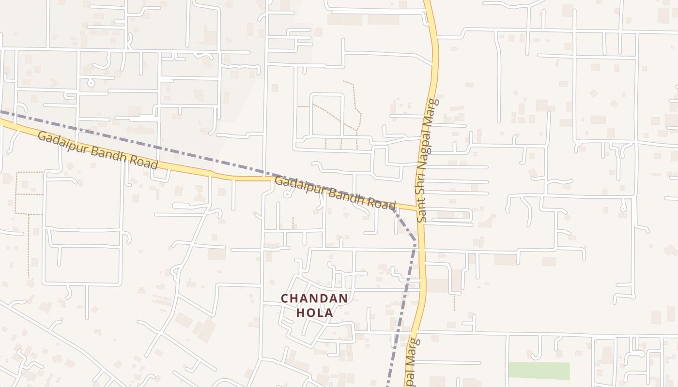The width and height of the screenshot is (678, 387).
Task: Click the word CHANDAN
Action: coord(315,298)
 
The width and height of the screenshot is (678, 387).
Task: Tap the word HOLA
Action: coord(315,313)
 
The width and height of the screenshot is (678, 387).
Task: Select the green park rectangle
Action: coord(539,371)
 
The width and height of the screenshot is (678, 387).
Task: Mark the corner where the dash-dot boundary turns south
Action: coord(415,240)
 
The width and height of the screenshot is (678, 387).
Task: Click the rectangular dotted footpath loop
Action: coord(29,193)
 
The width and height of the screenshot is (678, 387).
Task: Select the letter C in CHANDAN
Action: coord(286,298)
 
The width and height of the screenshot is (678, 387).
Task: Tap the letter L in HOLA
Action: coord(320,313)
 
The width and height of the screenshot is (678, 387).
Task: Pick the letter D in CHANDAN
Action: coord(324,298)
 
